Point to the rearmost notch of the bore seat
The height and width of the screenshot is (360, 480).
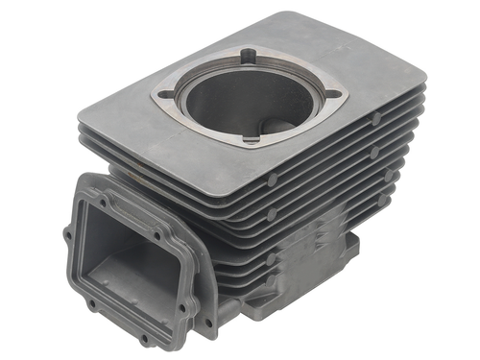pyautogui.click(x=249, y=55)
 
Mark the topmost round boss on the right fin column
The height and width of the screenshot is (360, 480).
pyautogui.click(x=376, y=117)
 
